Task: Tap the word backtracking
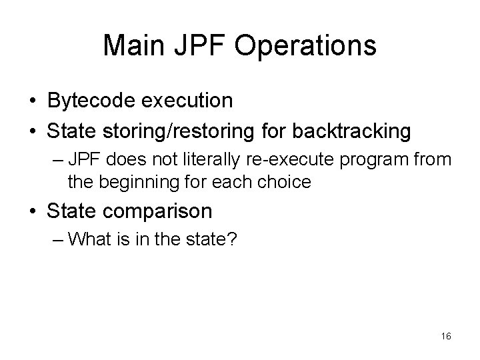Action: (x=353, y=131)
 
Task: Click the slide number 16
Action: (x=445, y=337)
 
